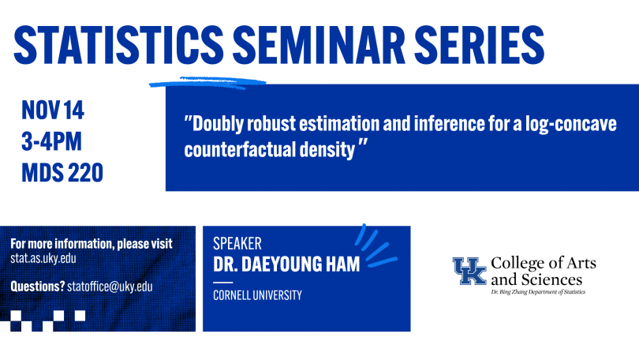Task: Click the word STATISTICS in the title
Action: tap(118, 45)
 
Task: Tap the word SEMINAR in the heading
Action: tap(318, 45)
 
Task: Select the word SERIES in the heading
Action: tap(480, 45)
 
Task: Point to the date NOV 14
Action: tap(53, 110)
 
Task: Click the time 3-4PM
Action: tap(51, 141)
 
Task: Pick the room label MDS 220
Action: tap(62, 172)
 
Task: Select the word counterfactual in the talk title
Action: tap(240, 149)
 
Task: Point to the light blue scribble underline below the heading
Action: tap(207, 83)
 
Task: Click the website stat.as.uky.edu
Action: tap(43, 258)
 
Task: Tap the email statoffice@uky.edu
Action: tap(110, 287)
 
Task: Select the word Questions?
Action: tap(38, 287)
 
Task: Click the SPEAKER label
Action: tap(237, 243)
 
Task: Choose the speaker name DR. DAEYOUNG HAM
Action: tap(286, 264)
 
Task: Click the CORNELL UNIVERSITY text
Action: tap(257, 295)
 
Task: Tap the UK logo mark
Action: tap(469, 271)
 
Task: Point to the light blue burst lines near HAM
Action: tap(376, 246)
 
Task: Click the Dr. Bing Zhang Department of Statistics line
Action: tap(538, 292)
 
